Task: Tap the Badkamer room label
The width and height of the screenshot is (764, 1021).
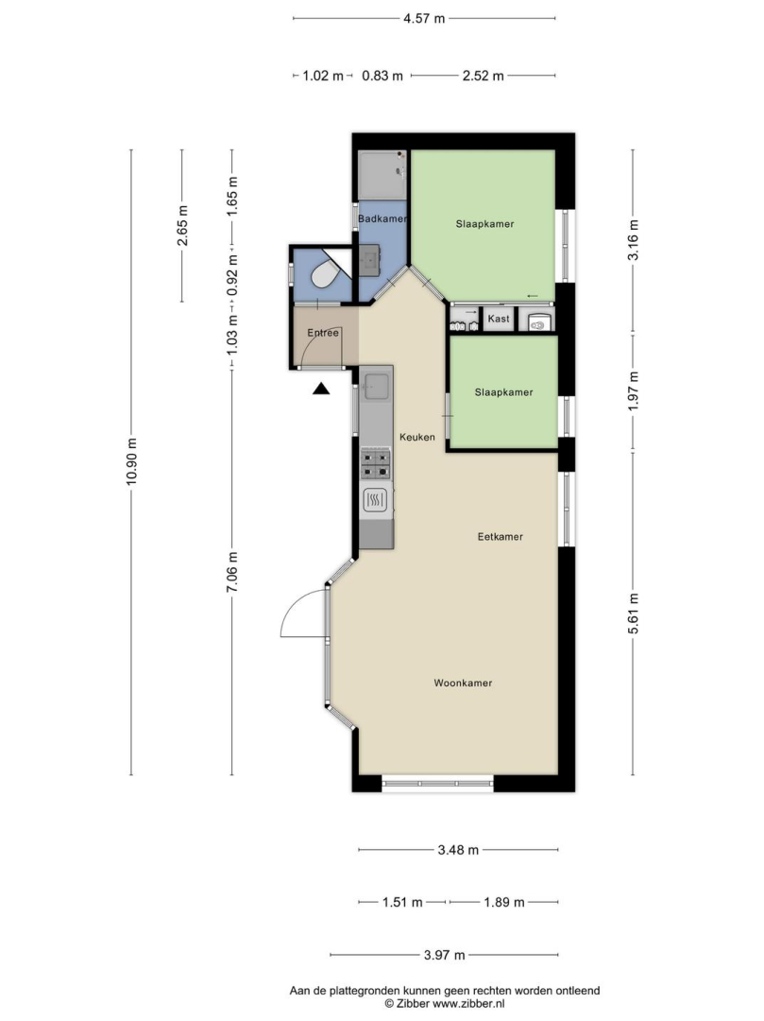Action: (382, 218)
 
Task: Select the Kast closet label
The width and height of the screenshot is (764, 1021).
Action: (499, 319)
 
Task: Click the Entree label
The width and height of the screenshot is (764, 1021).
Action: (323, 333)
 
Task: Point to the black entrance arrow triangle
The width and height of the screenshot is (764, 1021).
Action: (321, 389)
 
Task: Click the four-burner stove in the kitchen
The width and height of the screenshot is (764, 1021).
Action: (376, 463)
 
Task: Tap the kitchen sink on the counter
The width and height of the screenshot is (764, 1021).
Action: (377, 386)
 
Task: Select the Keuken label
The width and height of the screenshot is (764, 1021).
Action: (417, 437)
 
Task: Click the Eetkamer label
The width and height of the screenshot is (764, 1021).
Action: (500, 537)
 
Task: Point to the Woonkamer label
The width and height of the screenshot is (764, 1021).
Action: (463, 684)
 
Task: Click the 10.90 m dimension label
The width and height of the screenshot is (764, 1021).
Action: (132, 461)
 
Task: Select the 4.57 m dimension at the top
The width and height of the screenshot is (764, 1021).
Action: (424, 18)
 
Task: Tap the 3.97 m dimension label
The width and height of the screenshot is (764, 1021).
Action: (445, 955)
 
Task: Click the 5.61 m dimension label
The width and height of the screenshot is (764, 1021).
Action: (634, 613)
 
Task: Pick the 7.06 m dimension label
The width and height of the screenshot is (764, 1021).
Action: (232, 572)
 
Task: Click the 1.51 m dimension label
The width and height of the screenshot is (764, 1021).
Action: (402, 903)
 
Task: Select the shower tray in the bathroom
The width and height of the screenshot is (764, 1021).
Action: (382, 176)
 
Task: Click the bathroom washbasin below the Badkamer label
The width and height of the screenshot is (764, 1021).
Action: (370, 260)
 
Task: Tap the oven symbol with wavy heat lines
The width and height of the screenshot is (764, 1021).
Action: (375, 500)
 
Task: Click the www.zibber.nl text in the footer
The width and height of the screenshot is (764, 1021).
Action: (468, 1004)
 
